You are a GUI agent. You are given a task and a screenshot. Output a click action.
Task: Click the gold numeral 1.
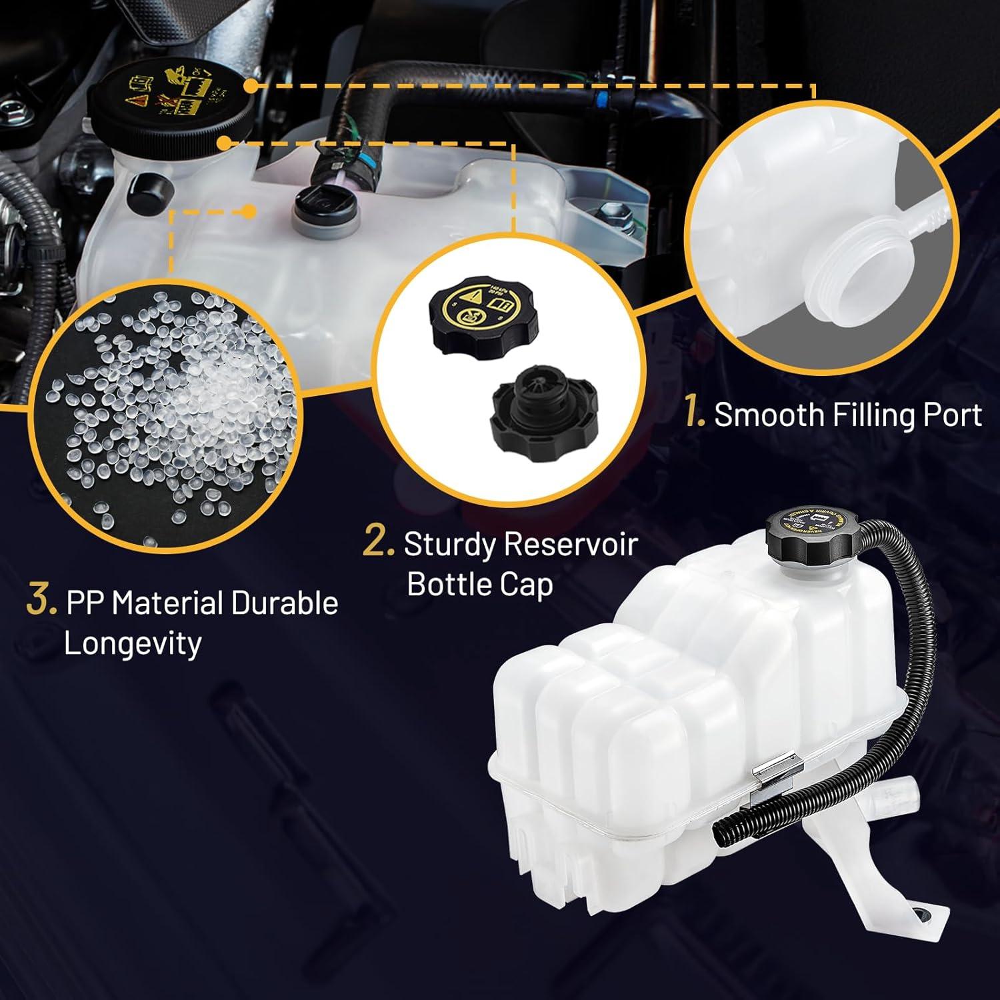coord(695,414)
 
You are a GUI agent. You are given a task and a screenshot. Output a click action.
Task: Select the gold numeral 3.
coord(41,601)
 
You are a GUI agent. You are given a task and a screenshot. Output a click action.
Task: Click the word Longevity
coord(132,643)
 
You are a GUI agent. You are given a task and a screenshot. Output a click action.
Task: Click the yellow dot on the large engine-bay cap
coord(251,86)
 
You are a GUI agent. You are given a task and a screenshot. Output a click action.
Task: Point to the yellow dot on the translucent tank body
coord(248,212)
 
